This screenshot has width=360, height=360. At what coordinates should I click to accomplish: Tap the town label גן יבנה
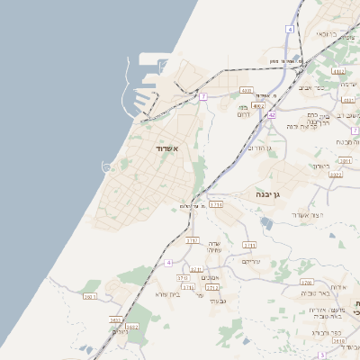pos(262,194)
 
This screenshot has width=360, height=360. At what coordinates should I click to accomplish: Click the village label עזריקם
pos(251,261)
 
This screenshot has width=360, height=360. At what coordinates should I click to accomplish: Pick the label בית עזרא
pos(168,294)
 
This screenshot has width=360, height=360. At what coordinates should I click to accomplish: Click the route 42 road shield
pos(272,114)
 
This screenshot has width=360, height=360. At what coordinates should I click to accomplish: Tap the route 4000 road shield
pos(247,91)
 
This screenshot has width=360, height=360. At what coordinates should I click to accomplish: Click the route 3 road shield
pos(322,355)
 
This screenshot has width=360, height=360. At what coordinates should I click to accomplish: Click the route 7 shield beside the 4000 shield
pos(204,95)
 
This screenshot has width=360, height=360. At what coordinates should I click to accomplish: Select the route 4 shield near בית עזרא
pos(168,262)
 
